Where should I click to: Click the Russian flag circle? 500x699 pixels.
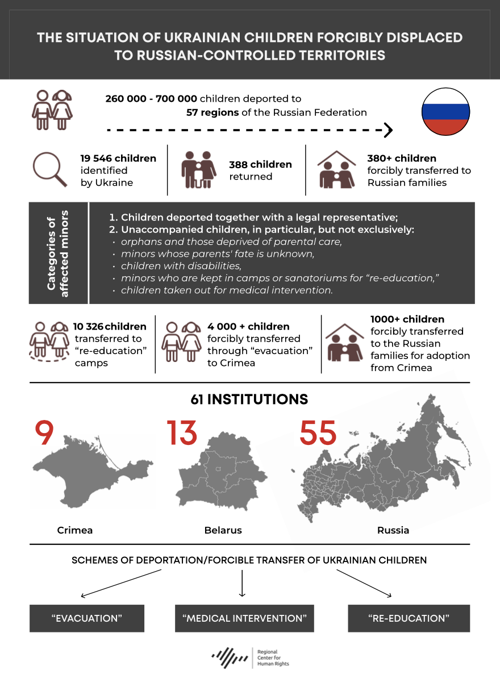[x=445, y=112]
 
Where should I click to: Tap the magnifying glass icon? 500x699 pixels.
[x=49, y=169]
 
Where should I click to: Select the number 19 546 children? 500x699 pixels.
[x=118, y=159]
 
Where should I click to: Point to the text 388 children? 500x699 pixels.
[x=260, y=164]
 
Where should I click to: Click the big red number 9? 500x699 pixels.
[x=44, y=434]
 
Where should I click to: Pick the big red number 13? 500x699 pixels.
[x=182, y=434]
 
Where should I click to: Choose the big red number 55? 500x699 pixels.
[x=318, y=434]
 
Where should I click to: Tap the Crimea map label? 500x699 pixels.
[x=75, y=530]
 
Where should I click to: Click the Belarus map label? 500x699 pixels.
[x=223, y=530]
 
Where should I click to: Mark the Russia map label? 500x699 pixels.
[x=393, y=530]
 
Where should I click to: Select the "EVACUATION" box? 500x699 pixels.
[x=87, y=618]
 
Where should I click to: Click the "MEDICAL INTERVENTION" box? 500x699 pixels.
[x=244, y=618]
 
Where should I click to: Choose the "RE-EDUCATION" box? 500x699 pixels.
[x=409, y=618]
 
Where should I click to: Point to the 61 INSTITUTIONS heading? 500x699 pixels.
[x=249, y=400]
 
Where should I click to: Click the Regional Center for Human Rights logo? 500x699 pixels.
[x=250, y=658]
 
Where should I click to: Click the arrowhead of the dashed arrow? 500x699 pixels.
[x=389, y=130]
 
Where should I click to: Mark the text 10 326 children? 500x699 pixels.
[x=110, y=327]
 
